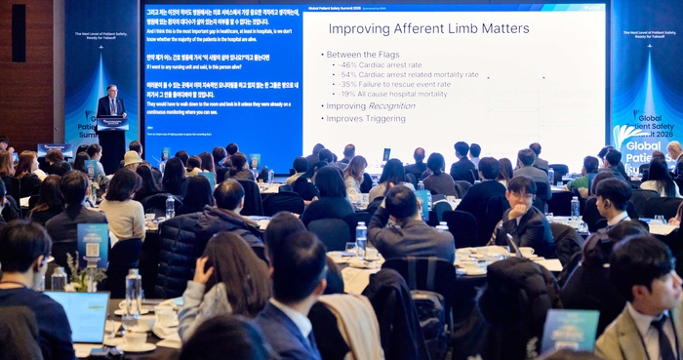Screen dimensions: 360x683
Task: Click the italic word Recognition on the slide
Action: coord(391,106)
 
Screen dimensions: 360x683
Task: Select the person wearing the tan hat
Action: coord(132,160)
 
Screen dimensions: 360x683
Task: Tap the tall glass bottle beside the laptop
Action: coord(133,291)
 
